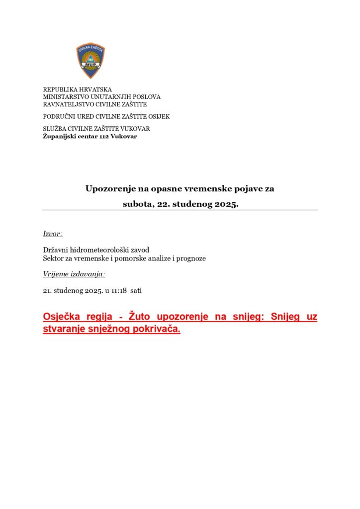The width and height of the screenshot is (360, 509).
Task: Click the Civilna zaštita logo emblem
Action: (x=90, y=61)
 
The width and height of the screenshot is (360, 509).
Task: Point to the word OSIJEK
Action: (x=159, y=116)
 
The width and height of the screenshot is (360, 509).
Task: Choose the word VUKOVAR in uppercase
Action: (x=136, y=129)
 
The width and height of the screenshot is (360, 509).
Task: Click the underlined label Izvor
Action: (x=52, y=234)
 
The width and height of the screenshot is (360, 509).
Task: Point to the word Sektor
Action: (x=53, y=258)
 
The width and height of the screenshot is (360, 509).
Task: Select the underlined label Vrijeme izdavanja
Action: (x=74, y=274)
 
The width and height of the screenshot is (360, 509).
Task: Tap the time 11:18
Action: (x=118, y=290)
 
